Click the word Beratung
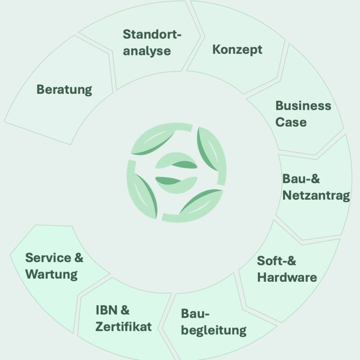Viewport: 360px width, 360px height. tap(64, 89)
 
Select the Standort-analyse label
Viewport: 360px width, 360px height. tap(152, 42)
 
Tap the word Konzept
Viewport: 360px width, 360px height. tap(237, 50)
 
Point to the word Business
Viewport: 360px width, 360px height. tap(303, 105)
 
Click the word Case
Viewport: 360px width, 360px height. tap(291, 122)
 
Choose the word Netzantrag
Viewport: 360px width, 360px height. tap(316, 195)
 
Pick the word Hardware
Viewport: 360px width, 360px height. tap(287, 277)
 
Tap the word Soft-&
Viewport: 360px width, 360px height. tap(276, 261)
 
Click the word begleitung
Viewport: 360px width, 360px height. tap(213, 330)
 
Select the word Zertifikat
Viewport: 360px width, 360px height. tap(123, 326)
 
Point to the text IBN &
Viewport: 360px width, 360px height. tap(112, 310)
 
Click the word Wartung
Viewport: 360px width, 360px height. tap(52, 274)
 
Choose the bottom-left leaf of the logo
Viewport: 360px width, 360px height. tap(143, 197)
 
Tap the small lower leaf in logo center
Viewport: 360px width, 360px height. tap(176, 182)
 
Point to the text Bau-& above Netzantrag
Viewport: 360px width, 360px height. tap(301, 179)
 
